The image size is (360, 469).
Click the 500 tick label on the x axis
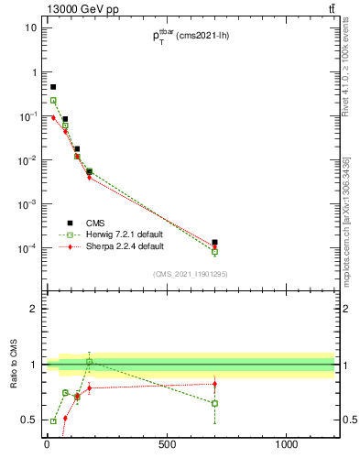[167, 445]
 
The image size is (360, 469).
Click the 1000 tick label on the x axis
[287, 445]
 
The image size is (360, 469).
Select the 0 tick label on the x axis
[47, 445]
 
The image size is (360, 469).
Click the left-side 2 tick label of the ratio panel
[34, 309]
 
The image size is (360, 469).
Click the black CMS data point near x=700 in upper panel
[214, 243]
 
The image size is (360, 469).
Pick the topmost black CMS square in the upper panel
[53, 87]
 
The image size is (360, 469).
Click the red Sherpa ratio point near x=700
[214, 384]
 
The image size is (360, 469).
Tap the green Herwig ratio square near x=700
[214, 403]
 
